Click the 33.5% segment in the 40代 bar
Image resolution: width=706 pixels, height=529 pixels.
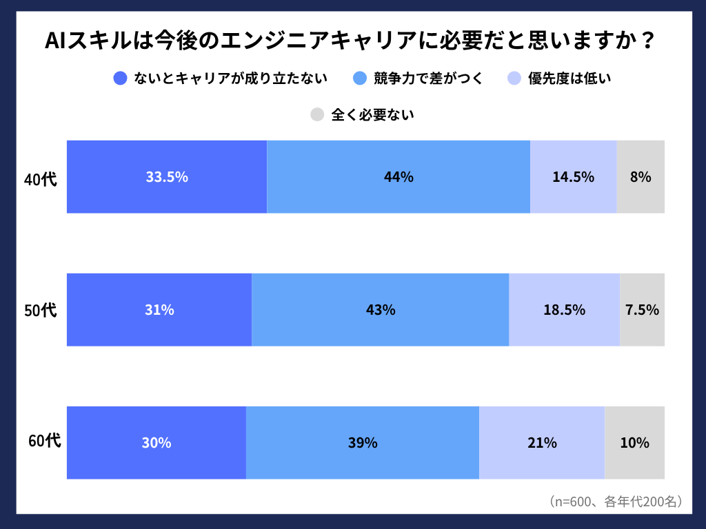pyautogui.click(x=167, y=177)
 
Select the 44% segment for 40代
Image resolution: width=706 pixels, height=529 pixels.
pyautogui.click(x=399, y=177)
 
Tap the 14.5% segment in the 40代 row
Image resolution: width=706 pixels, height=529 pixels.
pyautogui.click(x=573, y=177)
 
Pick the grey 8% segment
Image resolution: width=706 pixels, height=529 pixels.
pyautogui.click(x=641, y=177)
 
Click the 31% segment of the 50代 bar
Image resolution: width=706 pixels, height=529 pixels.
pyautogui.click(x=159, y=310)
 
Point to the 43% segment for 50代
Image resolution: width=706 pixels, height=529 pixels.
pyautogui.click(x=381, y=310)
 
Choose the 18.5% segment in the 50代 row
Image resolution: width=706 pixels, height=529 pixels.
pyautogui.click(x=564, y=310)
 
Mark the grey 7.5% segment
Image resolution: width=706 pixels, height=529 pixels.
pyautogui.click(x=642, y=310)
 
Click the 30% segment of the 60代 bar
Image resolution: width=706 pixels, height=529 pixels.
pyautogui.click(x=157, y=443)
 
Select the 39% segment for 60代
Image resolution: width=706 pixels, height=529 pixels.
pyautogui.click(x=363, y=443)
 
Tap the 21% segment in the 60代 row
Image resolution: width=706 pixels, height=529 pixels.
pyautogui.click(x=542, y=443)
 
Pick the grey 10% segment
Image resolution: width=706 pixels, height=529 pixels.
pyautogui.click(x=634, y=443)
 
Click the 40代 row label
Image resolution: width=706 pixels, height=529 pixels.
pyautogui.click(x=41, y=180)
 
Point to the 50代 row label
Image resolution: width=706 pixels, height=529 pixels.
pyautogui.click(x=41, y=311)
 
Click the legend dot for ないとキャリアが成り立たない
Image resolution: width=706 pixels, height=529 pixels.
pyautogui.click(x=120, y=79)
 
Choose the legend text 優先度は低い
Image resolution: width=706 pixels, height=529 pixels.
pyautogui.click(x=569, y=79)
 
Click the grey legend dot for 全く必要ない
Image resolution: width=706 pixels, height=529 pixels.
pyautogui.click(x=317, y=115)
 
